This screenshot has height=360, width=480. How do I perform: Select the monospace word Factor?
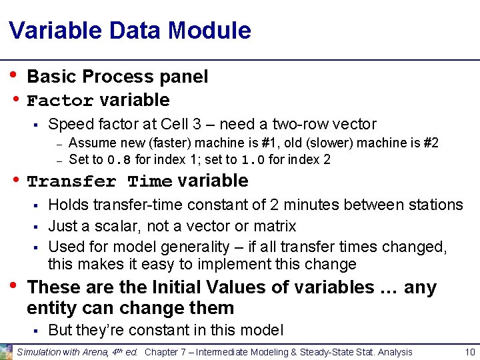pos(60,101)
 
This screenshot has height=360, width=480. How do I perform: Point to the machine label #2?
pos(431,143)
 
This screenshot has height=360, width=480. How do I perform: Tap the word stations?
pos(434,205)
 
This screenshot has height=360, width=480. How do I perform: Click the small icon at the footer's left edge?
pos(6,351)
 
